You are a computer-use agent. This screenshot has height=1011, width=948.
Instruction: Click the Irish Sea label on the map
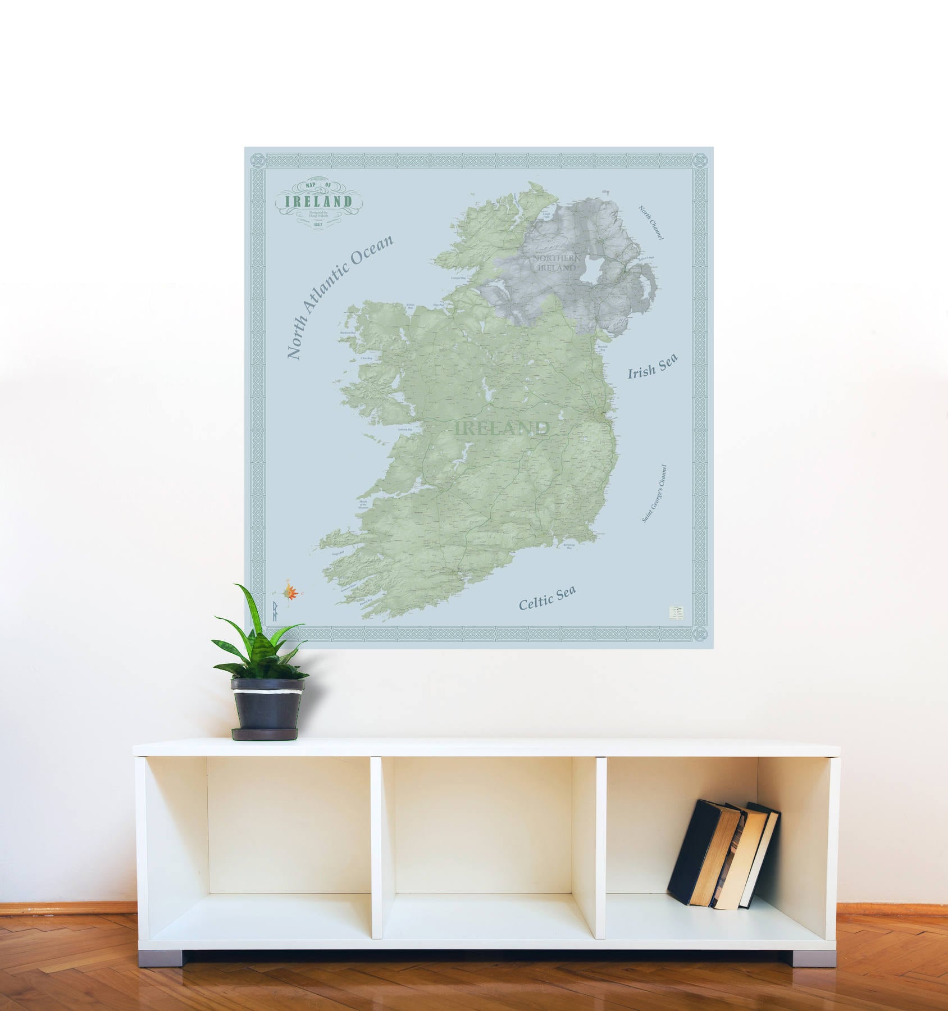pyautogui.click(x=652, y=366)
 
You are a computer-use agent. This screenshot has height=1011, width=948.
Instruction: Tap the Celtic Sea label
pyautogui.click(x=547, y=597)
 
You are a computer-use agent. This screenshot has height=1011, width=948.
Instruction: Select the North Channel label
pyautogui.click(x=651, y=222)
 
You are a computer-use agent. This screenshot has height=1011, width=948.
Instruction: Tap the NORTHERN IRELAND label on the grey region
pyautogui.click(x=557, y=263)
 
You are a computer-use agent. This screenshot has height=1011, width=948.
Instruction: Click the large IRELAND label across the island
pyautogui.click(x=502, y=428)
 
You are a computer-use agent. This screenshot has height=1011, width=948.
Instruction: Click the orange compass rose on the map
pyautogui.click(x=291, y=591)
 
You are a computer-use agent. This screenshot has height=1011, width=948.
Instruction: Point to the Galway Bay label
pyautogui.click(x=405, y=430)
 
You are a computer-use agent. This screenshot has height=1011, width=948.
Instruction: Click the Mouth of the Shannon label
pyautogui.click(x=363, y=504)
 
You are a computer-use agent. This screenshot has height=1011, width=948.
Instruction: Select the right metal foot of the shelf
pyautogui.click(x=809, y=955)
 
